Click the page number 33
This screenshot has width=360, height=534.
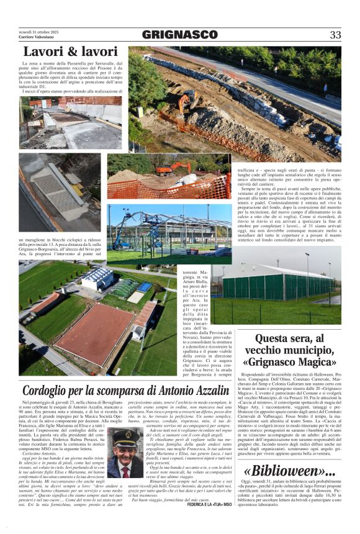pyautogui.click(x=335, y=35)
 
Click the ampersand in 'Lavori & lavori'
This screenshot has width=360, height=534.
pyautogui.click(x=70, y=51)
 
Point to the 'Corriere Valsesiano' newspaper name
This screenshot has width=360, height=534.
pyautogui.click(x=35, y=38)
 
